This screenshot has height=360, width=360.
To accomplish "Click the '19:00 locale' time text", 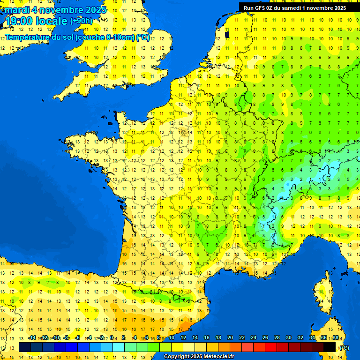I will click(37, 21).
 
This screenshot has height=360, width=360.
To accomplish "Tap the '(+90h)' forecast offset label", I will click(82, 21).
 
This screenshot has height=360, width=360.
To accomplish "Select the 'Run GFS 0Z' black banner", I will click(295, 7).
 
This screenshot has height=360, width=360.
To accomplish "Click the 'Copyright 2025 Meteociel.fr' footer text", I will click(199, 357).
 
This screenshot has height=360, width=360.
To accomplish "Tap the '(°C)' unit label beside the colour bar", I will click(344, 347).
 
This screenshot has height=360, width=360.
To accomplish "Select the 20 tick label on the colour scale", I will click(230, 337).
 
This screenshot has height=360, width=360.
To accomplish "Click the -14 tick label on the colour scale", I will click(32, 337).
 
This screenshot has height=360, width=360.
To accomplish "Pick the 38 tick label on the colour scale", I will click(336, 337).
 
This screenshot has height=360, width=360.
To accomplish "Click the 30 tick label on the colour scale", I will click(289, 337).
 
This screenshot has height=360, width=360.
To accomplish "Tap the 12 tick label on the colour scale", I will click(183, 337).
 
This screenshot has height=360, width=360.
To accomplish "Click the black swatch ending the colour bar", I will click(330, 347).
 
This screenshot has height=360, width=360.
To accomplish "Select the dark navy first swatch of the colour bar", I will click(25, 347).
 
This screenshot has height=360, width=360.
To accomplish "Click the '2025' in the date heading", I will click(93, 9).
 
